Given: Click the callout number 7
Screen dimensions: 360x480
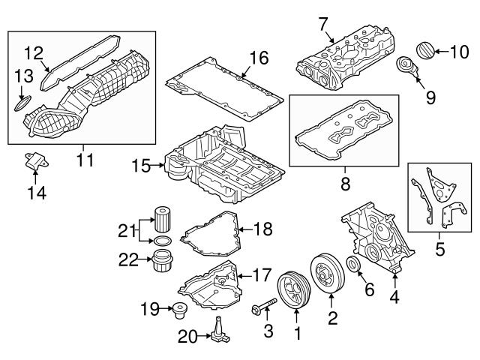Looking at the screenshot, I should pos(322,23).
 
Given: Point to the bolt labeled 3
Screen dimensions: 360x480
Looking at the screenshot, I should pos(265,307).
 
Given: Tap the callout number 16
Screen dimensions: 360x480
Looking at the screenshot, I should pos(258,57).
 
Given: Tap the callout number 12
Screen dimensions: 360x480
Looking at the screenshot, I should pos(34,53).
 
